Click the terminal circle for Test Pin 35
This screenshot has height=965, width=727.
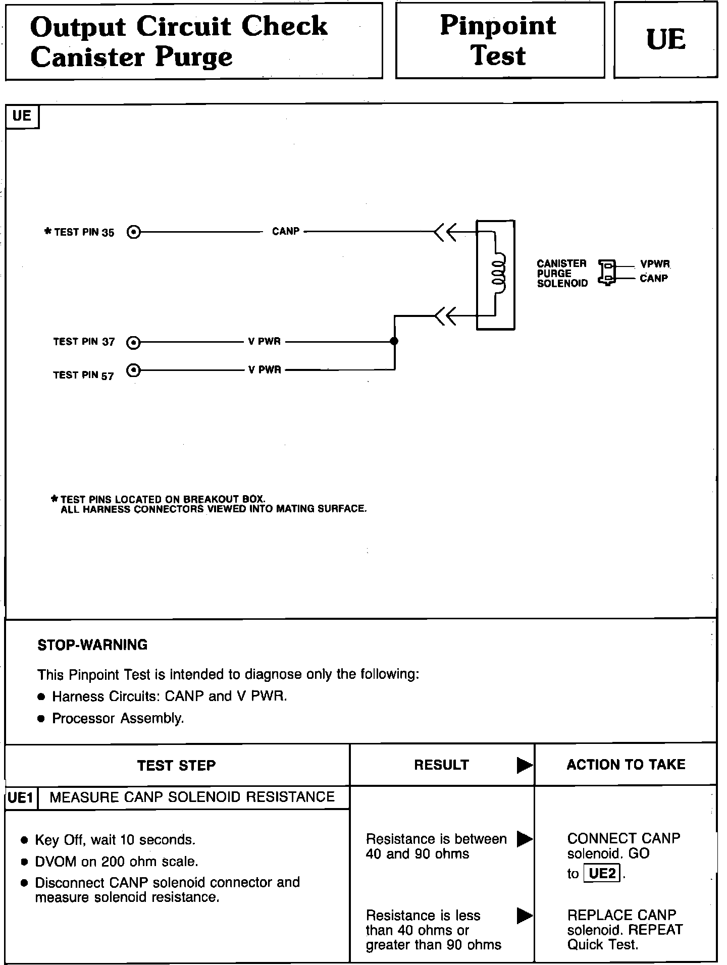point(134,232)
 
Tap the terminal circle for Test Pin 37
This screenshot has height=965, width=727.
point(134,342)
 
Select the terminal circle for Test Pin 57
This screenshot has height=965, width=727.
point(134,370)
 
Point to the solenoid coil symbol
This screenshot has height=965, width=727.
point(497,275)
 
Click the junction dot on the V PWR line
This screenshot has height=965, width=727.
point(394,342)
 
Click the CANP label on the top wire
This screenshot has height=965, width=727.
point(286,231)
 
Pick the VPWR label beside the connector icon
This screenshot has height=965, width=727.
point(655,264)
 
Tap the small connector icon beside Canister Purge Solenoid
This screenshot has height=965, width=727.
point(607,272)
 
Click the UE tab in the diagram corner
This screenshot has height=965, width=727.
point(22,116)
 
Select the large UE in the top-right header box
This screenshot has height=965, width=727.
point(665,40)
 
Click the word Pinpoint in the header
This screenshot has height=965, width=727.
point(498,25)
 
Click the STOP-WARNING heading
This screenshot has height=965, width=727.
point(92,645)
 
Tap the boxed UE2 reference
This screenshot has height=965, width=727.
point(602,873)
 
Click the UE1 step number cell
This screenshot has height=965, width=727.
point(21,798)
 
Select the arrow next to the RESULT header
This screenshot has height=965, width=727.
point(525,766)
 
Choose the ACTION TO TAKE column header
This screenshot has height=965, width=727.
point(626,765)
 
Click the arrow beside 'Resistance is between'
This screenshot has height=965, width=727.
point(525,839)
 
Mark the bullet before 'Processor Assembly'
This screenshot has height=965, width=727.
point(41,719)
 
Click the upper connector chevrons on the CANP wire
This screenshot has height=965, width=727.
point(445,232)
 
